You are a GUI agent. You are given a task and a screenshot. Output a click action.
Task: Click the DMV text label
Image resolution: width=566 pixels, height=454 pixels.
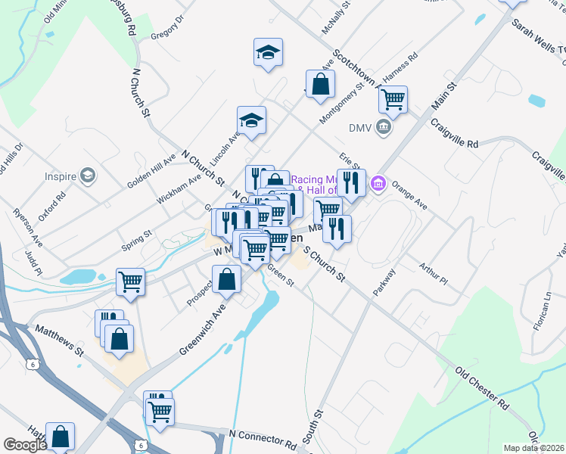[x=360, y=127]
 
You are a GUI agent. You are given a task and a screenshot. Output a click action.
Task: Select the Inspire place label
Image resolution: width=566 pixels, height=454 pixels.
[x=61, y=176]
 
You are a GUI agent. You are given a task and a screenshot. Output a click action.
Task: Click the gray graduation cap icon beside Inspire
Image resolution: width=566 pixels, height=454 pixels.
[x=89, y=176]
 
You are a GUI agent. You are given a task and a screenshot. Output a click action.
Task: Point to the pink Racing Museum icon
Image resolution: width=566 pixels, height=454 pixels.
[x=378, y=183]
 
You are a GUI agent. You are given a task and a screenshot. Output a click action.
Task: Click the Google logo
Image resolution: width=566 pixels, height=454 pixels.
[x=25, y=445]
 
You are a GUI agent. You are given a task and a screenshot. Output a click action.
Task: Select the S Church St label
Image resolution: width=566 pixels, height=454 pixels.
[x=324, y=264]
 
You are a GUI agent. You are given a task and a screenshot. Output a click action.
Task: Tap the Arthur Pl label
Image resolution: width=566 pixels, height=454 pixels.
[x=434, y=273]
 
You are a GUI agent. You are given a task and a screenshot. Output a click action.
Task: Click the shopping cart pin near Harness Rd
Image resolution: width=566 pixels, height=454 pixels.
[x=393, y=98]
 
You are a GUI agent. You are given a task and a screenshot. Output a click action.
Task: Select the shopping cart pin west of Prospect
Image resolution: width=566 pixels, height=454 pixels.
[x=131, y=282]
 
